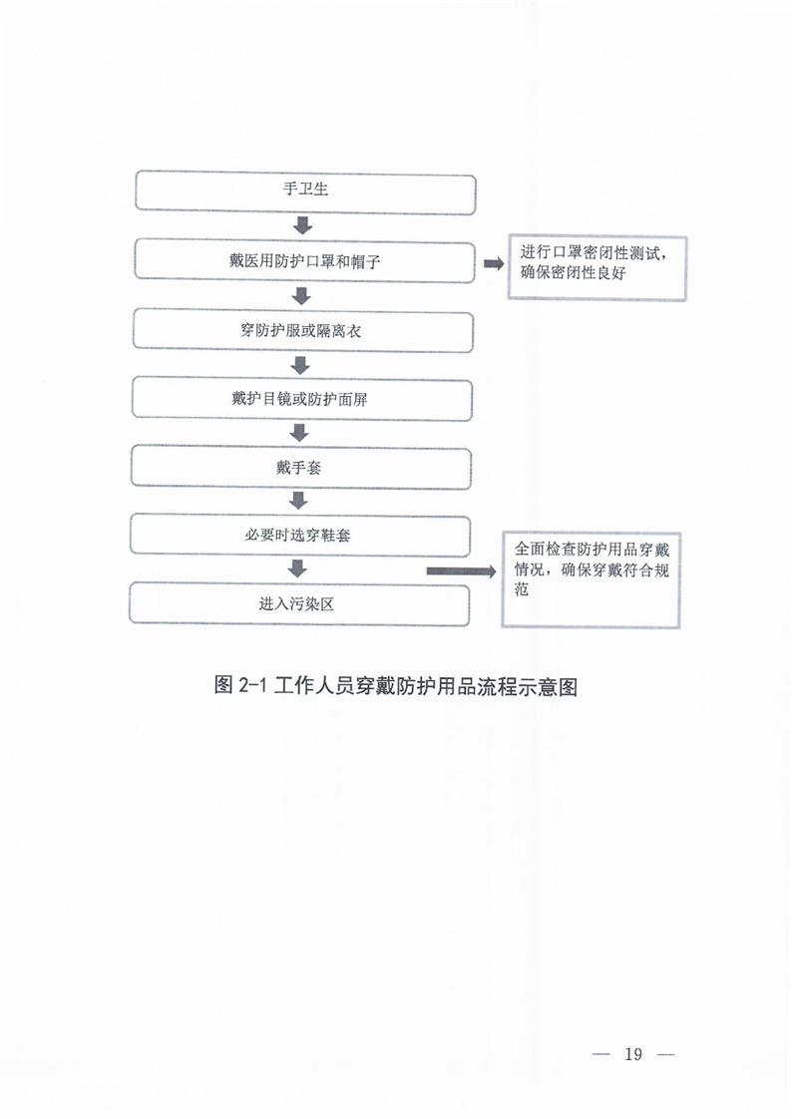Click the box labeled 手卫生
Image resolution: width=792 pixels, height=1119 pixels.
[304, 191]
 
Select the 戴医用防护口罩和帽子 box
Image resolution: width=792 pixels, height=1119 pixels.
[304, 260]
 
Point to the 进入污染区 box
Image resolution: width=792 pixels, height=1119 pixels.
[299, 603]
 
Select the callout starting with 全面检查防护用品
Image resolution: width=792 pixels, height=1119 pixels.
[591, 577]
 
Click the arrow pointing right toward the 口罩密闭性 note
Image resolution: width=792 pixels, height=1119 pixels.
[492, 264]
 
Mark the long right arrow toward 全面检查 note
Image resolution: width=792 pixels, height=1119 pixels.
[462, 571]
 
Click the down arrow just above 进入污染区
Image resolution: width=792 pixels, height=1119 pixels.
[297, 568]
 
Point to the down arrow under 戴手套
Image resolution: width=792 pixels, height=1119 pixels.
[298, 500]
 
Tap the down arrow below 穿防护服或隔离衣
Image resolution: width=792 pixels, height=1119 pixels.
[300, 363]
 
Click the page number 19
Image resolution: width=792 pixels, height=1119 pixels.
[633, 1055]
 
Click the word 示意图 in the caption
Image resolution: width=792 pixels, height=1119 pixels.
[552, 686]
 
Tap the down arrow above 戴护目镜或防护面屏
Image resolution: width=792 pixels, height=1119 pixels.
[300, 363]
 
